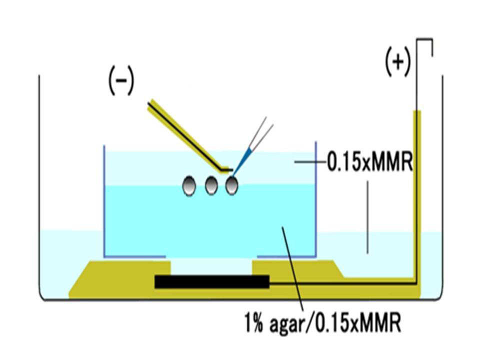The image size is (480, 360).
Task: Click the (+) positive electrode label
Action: pos(397,62)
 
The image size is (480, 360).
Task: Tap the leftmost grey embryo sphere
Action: pos(188,186)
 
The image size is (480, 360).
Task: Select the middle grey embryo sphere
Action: pos(211,186)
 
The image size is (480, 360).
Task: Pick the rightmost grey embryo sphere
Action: pos(231,186)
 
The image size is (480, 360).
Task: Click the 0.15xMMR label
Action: pos(369,162)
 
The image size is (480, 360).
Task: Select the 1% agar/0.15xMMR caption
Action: pos(323,323)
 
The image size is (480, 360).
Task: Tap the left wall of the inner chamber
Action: pos(104,200)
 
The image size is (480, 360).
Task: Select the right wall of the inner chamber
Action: pos(316,200)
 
